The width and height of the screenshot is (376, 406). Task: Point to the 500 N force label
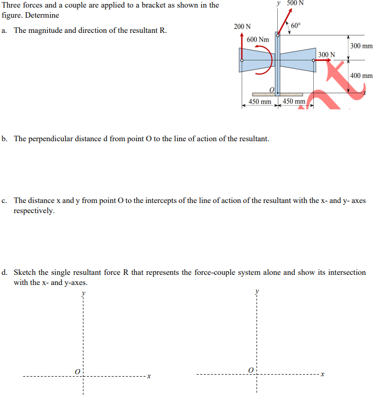pos(296,3)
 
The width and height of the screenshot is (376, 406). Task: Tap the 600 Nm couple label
pos(258,39)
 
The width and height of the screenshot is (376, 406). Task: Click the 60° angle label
pos(296,26)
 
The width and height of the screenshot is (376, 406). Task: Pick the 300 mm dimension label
pos(361,46)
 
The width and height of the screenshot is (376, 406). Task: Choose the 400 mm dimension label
pos(361,76)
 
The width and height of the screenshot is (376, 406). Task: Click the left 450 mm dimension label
pos(260,101)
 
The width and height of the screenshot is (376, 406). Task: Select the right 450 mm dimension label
pos(294,101)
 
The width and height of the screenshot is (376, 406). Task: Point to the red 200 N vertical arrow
pos(242,48)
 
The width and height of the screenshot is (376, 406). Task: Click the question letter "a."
pos(4,30)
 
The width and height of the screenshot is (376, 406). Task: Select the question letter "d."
pos(5,272)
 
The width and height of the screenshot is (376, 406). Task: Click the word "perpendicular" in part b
pos(55,139)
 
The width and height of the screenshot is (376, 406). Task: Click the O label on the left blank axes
pos(78,372)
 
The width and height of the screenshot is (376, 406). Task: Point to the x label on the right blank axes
pos(322,375)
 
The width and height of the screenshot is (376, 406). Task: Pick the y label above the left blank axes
pos(84,293)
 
